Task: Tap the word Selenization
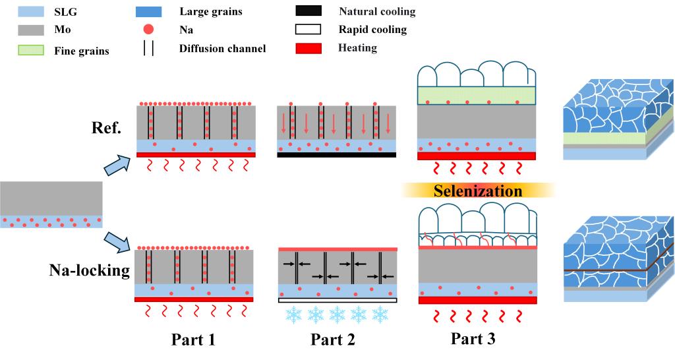477,191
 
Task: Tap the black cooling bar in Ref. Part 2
336,156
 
